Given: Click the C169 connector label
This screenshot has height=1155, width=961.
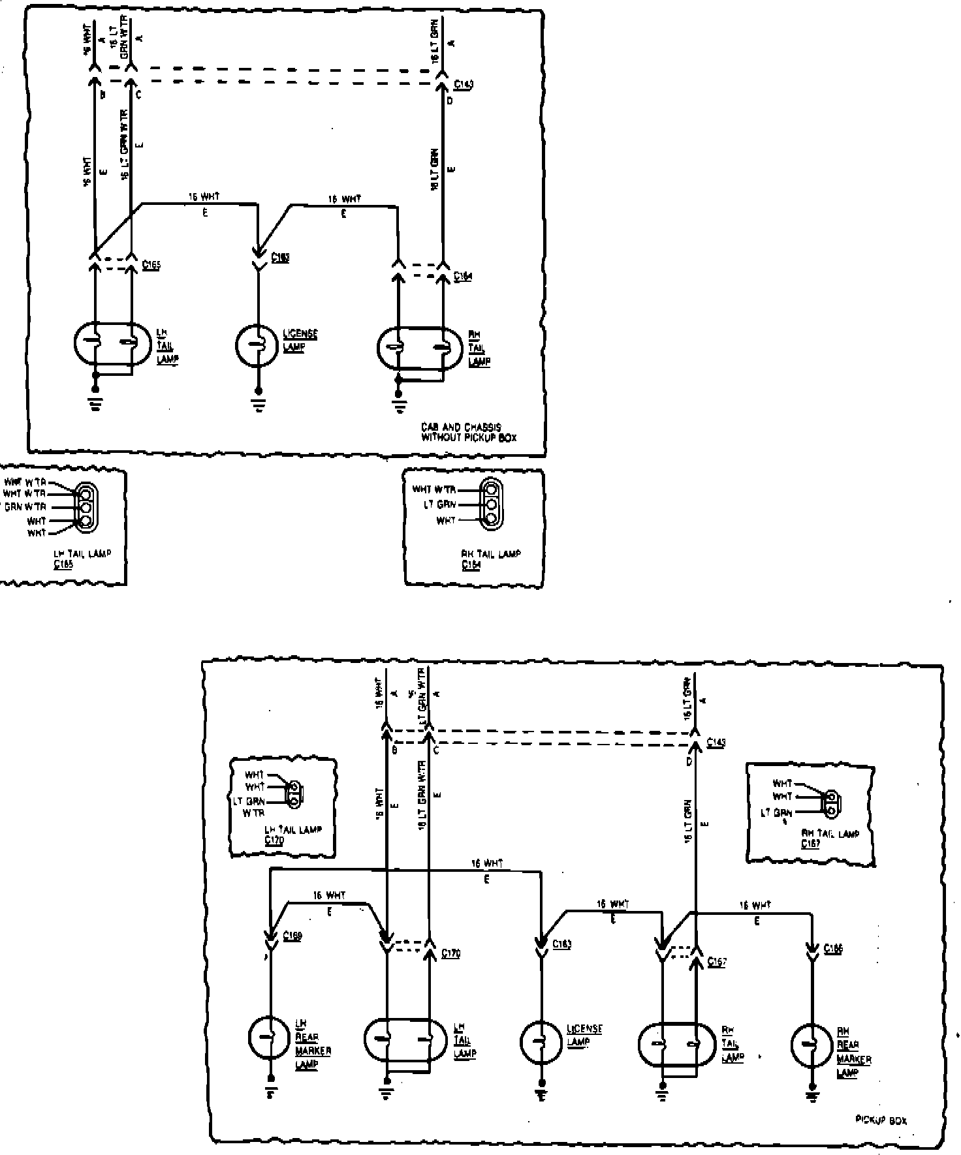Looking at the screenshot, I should [293, 936].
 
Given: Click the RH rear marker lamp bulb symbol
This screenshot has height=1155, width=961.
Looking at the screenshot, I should [811, 1045].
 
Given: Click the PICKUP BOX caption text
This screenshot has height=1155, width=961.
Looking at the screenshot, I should [881, 1120].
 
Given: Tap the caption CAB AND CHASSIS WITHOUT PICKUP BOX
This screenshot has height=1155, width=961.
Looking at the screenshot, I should [469, 432].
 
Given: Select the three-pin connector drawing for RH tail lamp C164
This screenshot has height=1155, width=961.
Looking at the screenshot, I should [491, 503].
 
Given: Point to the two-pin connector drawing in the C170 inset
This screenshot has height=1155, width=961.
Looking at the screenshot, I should [294, 793].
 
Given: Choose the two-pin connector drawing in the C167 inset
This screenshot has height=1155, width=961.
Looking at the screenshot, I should [831, 803].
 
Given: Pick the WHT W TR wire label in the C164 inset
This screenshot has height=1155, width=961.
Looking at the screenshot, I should [434, 489].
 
